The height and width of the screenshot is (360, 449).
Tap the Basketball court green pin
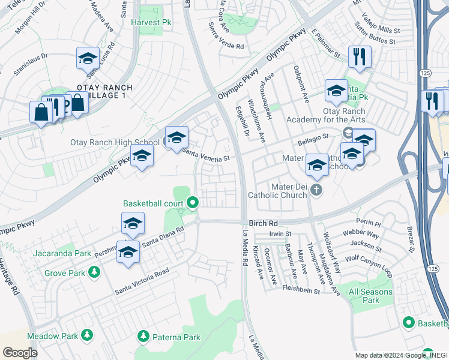(x=192, y=202)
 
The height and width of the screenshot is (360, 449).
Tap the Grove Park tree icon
(x=94, y=273)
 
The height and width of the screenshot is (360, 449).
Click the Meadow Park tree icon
(x=88, y=334)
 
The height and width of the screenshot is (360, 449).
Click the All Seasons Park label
(x=371, y=296)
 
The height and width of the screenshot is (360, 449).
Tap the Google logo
(x=20, y=353)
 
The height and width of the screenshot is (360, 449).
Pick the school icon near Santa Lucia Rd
(x=88, y=59)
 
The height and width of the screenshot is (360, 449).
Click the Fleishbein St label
(x=301, y=290)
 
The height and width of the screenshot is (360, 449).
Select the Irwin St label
(x=280, y=233)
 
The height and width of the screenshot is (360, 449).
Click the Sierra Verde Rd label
(x=226, y=37)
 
